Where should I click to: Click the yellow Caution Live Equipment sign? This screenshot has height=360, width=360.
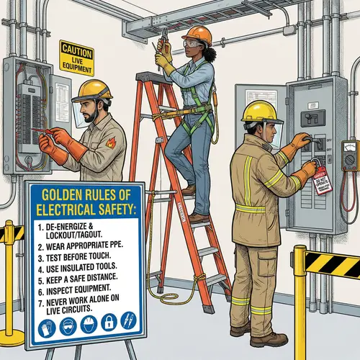tap(76, 55)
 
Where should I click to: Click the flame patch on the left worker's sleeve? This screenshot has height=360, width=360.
tap(109, 143)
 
